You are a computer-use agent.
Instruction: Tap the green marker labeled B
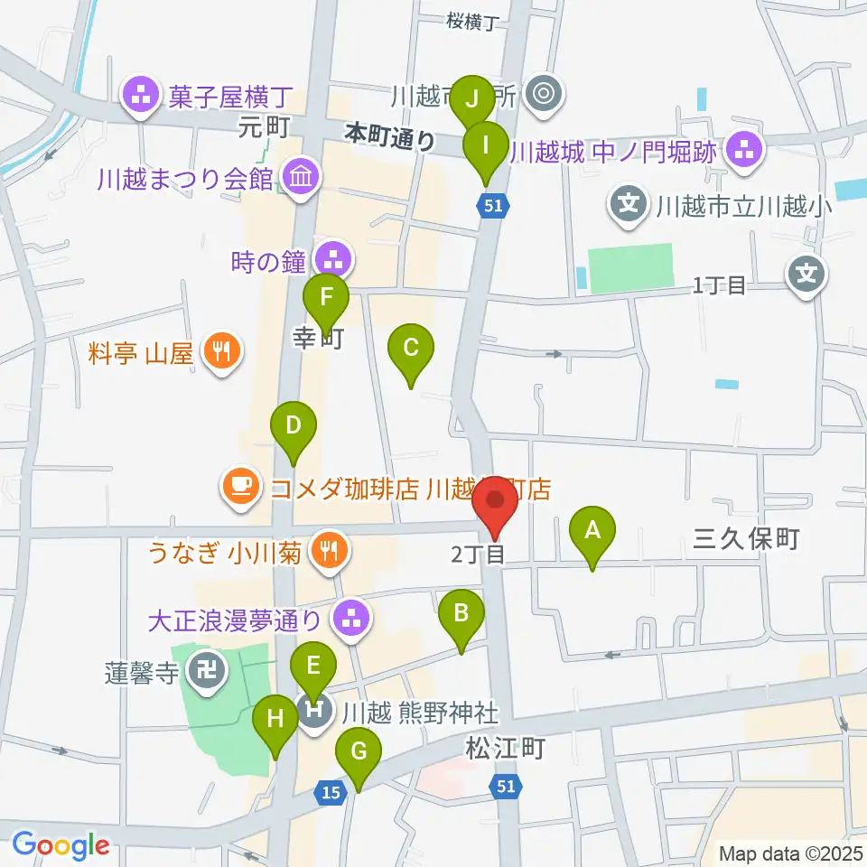pos(461,616)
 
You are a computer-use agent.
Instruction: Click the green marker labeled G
pos(359,753)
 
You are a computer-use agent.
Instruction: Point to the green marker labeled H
pos(275,722)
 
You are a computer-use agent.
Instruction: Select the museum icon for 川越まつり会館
pos(296,178)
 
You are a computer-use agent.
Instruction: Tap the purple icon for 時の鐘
pos(334,260)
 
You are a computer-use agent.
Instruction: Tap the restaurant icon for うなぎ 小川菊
pos(326,551)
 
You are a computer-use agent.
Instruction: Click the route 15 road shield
pos(331,792)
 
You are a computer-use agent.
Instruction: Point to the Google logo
pos(61,845)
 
